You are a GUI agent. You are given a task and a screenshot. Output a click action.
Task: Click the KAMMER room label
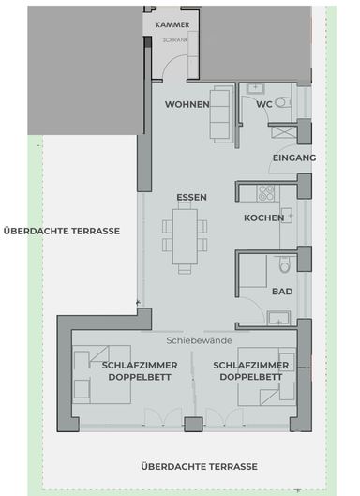pyautogui.click(x=172, y=24)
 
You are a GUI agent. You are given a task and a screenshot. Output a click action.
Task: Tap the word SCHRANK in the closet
pyautogui.click(x=175, y=40)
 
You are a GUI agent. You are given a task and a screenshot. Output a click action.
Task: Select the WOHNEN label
pyautogui.click(x=187, y=104)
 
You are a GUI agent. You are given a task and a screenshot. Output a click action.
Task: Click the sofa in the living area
pyautogui.click(x=222, y=114)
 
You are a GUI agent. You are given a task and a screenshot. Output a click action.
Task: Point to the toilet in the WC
pyautogui.click(x=283, y=102)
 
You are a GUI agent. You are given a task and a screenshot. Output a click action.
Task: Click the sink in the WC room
pyautogui.click(x=255, y=88)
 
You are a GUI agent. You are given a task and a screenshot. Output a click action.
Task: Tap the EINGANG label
pyautogui.click(x=294, y=158)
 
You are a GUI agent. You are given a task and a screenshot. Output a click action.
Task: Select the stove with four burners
pyautogui.click(x=265, y=193)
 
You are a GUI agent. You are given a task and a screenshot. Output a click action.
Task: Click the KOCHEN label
pyautogui.click(x=263, y=218)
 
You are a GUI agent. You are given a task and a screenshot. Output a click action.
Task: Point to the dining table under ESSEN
pyautogui.click(x=185, y=236)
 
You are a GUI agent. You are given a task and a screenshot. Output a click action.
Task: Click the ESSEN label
pyautogui.click(x=191, y=198)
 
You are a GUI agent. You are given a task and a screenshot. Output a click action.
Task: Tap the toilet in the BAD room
pyautogui.click(x=285, y=264)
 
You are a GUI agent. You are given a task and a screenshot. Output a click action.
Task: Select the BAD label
pyautogui.click(x=282, y=292)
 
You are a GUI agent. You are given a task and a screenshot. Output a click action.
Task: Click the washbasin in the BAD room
pyautogui.click(x=278, y=318)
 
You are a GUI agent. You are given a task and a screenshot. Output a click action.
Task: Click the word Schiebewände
pyautogui.click(x=200, y=340)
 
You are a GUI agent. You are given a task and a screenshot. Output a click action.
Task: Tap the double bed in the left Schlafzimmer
pyautogui.click(x=102, y=374)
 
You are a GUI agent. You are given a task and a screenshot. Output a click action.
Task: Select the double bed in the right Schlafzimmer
pyautogui.click(x=266, y=376)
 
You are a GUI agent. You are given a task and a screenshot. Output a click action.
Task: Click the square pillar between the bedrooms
pyautogui.click(x=194, y=424)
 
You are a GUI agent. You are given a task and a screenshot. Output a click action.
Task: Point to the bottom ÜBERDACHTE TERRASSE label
pyautogui.click(x=200, y=467)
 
